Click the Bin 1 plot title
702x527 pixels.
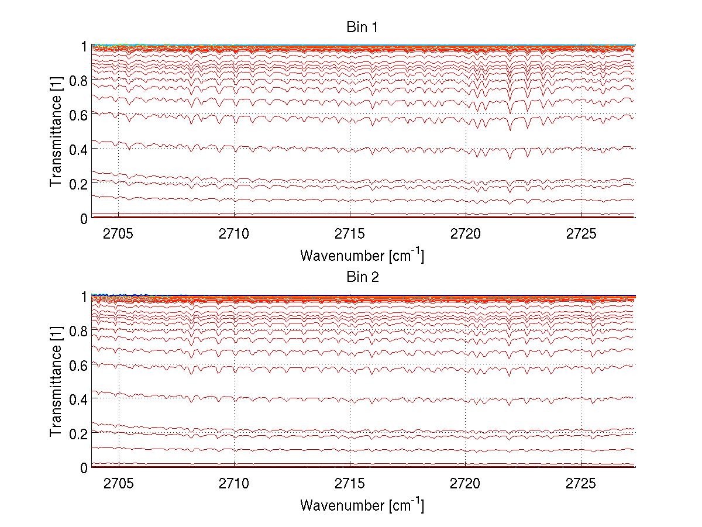coord(363,27)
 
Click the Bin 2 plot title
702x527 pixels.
coord(363,277)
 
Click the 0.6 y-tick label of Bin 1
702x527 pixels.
coord(77,115)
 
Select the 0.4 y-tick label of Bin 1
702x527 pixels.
coord(77,149)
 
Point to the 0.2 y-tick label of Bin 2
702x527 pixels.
coord(77,433)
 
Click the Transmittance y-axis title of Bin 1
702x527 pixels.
coord(56,132)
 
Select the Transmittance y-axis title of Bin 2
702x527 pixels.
coord(56,381)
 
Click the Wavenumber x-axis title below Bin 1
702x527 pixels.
coord(362,255)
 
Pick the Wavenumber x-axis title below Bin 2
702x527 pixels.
coord(362,505)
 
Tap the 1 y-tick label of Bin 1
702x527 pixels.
coord(84,46)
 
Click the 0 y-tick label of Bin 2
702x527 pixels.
coord(84,468)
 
